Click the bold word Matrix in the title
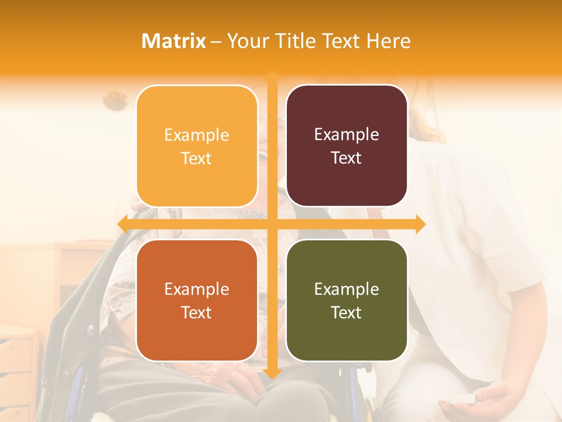tap(174, 41)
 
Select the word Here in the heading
tap(388, 41)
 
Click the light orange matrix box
tap(197, 146)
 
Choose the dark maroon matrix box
tap(347, 145)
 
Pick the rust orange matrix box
tap(197, 300)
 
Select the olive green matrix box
tap(347, 300)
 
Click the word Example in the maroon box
tap(347, 134)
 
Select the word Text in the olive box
tap(347, 312)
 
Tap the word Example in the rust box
tap(197, 289)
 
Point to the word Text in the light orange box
tap(197, 158)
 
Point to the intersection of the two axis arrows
tap(272, 224)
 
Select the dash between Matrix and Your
tap(216, 42)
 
